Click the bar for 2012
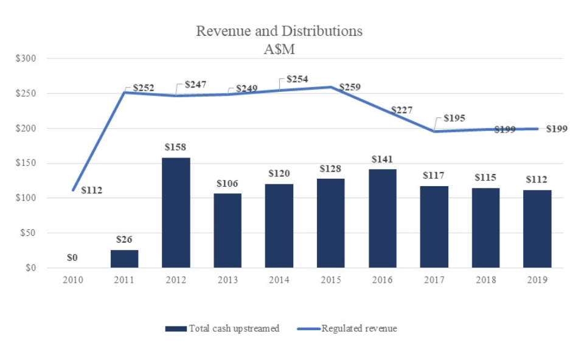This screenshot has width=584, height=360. (x=176, y=212)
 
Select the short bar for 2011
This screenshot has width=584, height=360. (x=124, y=258)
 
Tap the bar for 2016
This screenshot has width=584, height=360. (x=383, y=218)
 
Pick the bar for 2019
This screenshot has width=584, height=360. (x=537, y=229)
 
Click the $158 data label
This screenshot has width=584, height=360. (x=175, y=147)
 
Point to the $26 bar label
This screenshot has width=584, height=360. (x=124, y=240)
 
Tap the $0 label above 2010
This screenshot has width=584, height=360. (x=72, y=257)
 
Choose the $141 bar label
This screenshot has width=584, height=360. (x=382, y=159)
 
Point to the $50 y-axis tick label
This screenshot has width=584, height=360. (x=27, y=233)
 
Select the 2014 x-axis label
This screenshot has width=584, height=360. (x=279, y=280)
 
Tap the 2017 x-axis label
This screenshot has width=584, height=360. (x=434, y=280)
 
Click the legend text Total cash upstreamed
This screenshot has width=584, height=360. (x=234, y=328)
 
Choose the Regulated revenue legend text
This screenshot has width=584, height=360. (x=359, y=328)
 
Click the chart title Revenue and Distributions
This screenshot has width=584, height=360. (x=279, y=31)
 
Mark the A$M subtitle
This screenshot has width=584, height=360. (x=279, y=49)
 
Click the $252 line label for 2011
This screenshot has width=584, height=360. (x=144, y=88)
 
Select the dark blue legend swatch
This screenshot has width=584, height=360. (x=175, y=329)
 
